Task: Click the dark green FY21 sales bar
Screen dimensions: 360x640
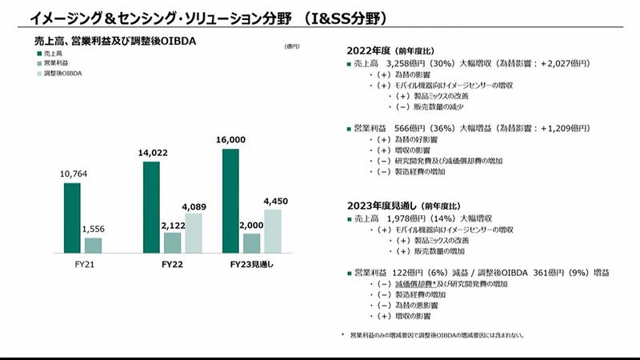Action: pos(73,218)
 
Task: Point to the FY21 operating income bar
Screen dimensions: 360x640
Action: pos(93,244)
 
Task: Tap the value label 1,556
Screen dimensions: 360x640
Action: pos(94,230)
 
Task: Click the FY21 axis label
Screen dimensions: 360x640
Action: pos(82,264)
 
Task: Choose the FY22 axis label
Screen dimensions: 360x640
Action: pos(172,264)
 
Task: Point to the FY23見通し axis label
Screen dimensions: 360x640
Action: pos(251,264)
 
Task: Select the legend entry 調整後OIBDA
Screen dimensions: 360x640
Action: pos(66,73)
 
